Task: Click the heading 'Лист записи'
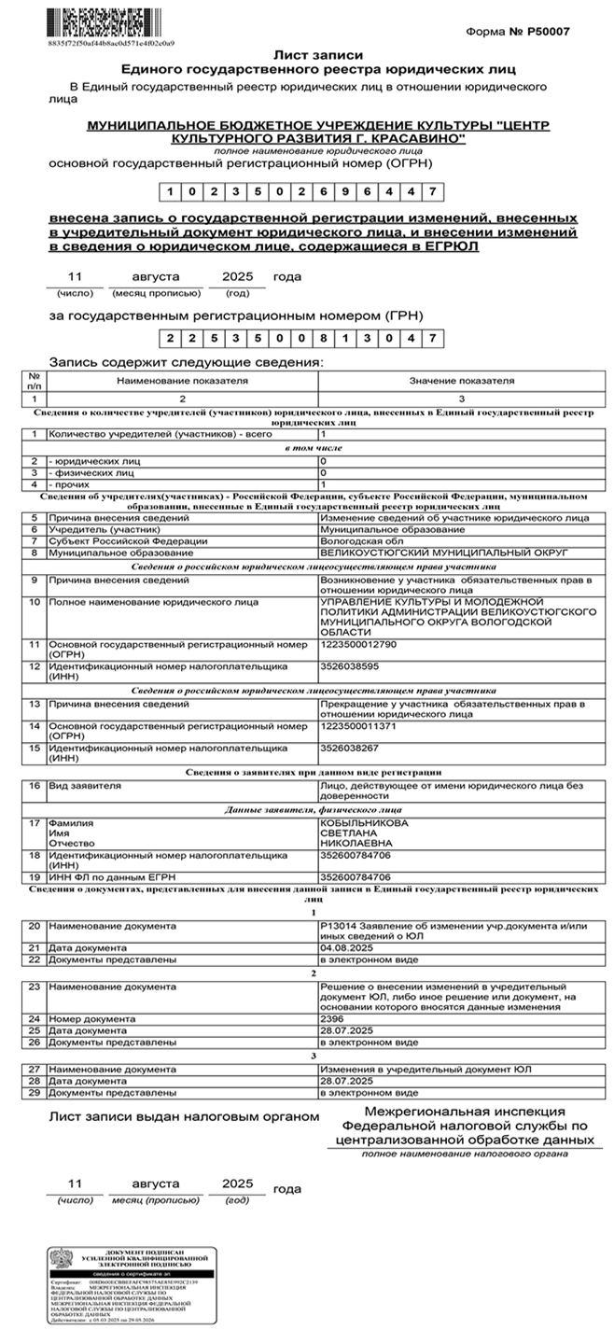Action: click(318, 55)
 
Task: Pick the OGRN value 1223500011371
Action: click(357, 725)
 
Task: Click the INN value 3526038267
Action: click(349, 748)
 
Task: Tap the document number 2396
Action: click(331, 1018)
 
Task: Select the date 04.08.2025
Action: click(346, 947)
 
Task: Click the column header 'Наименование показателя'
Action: click(182, 382)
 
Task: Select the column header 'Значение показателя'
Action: click(462, 382)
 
